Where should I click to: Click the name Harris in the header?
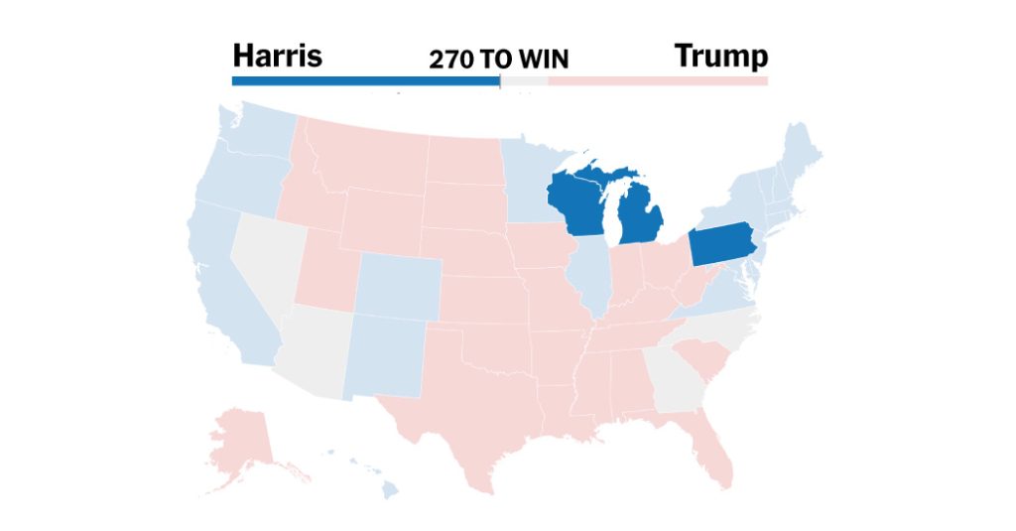277,56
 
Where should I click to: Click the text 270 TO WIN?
498,60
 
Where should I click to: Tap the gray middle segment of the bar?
524,80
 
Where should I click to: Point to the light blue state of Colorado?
397,287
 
